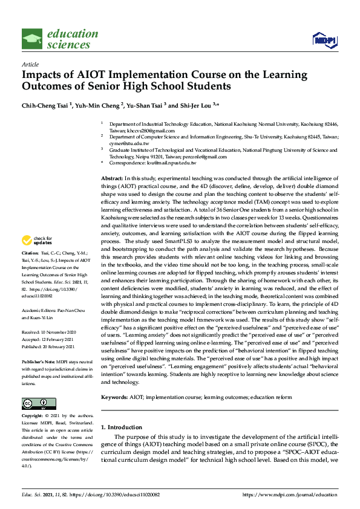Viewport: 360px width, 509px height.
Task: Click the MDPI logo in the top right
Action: [324, 40]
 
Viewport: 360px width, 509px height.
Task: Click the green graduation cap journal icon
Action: [31, 40]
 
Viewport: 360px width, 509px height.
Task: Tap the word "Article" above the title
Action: [30, 64]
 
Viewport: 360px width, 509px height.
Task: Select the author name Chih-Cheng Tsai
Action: [46, 105]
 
